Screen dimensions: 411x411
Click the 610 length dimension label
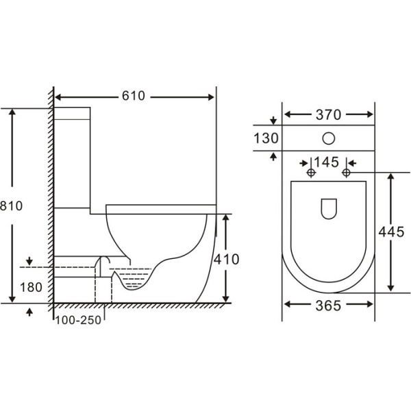134,96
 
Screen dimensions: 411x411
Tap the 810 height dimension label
11,206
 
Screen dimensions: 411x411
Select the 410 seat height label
227,260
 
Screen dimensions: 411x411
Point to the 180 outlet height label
32,287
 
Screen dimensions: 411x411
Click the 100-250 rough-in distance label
78,321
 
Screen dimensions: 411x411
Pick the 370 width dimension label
328,115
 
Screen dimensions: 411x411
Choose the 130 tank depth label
266,138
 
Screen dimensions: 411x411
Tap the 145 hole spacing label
327,162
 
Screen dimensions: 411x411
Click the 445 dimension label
392,232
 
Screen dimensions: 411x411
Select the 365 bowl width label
328,306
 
